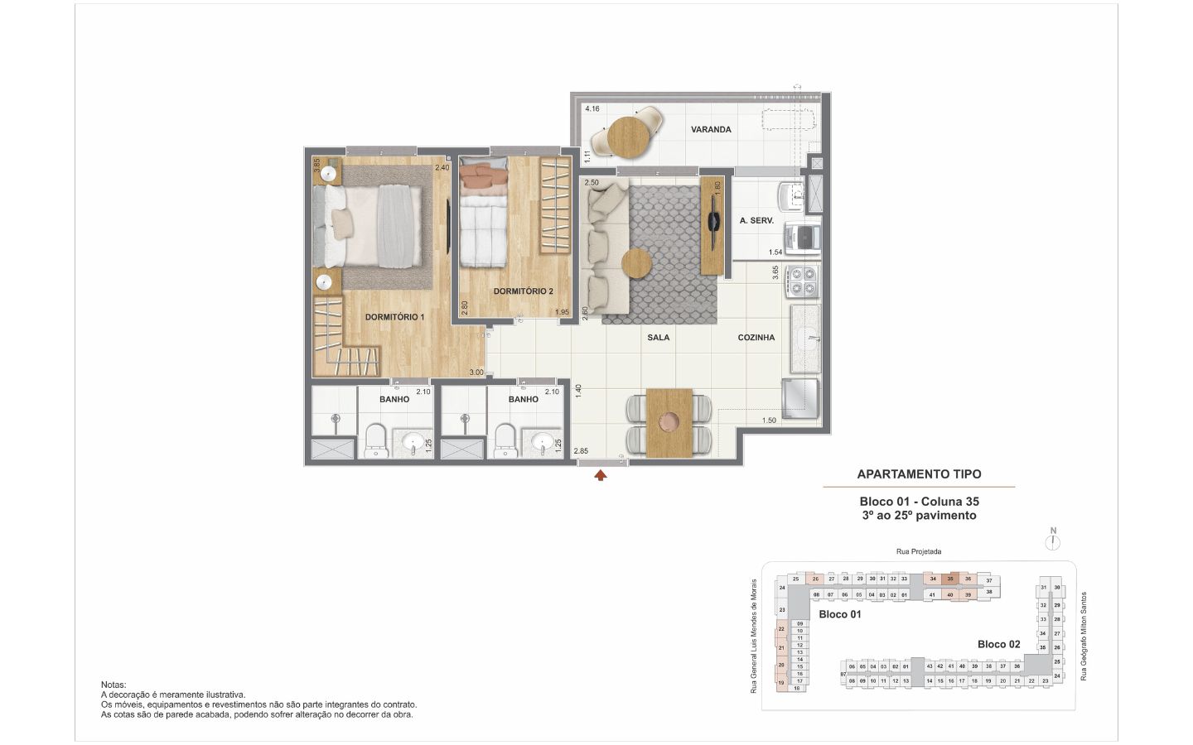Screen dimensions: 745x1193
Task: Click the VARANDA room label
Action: [711, 129]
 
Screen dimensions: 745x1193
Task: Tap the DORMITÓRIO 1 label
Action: [394, 317]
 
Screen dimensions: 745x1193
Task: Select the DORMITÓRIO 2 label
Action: [523, 291]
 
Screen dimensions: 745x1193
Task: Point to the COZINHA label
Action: [756, 338]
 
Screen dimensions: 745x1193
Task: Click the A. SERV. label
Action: [756, 221]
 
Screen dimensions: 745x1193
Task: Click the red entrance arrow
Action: [601, 475]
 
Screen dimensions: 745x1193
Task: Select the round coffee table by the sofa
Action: [637, 265]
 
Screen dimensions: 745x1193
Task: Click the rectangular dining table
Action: [668, 422]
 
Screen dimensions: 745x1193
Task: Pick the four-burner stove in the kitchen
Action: [803, 280]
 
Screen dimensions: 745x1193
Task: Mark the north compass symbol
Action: [1053, 541]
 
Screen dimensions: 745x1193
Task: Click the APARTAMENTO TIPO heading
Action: [918, 474]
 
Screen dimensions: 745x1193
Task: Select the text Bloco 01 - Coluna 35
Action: [919, 502]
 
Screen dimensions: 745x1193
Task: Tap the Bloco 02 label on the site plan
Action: [998, 644]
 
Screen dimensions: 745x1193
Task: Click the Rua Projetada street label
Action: [918, 551]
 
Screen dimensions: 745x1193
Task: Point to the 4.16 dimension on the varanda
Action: [592, 108]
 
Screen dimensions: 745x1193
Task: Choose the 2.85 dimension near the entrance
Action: [581, 451]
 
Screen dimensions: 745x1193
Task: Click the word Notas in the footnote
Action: [114, 685]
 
